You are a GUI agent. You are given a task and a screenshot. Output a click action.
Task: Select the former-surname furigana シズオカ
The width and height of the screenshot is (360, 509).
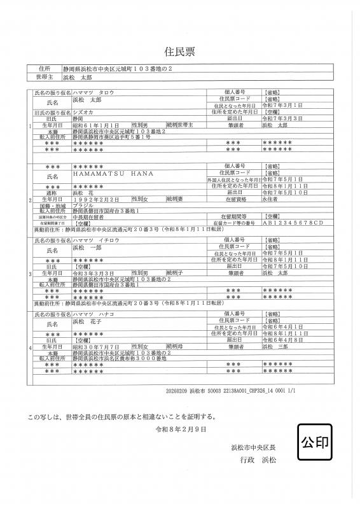[85, 111]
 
